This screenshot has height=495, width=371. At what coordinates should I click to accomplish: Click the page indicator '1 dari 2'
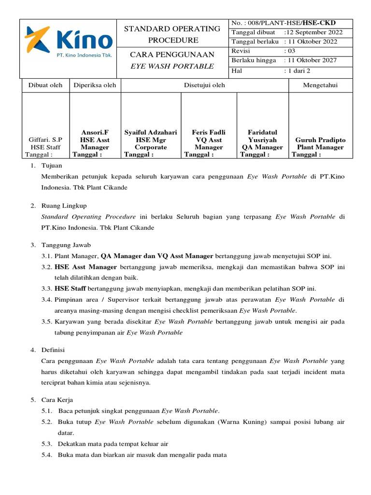pos(299,71)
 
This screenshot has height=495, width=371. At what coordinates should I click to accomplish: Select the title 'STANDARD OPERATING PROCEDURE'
pos(173,34)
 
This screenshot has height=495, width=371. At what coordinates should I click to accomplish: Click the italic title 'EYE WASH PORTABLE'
pos(173,66)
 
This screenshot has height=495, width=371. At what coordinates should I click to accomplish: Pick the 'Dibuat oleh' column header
pos(45,86)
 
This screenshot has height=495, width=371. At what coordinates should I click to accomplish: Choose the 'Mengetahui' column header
pos(320,86)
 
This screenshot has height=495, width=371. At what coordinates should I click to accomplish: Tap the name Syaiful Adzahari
pos(151,132)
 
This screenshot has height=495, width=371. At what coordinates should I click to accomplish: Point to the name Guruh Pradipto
pos(320,140)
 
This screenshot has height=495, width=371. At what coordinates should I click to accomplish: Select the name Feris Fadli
pos(209,132)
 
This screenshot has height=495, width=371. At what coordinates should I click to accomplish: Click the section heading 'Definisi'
pos(54,349)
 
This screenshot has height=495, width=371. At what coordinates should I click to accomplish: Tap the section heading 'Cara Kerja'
pos(57,400)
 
